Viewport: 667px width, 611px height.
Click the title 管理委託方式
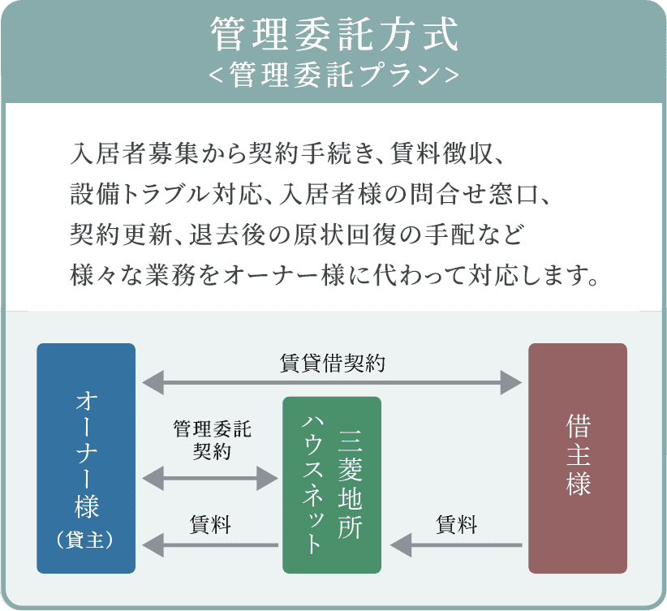(x=333, y=35)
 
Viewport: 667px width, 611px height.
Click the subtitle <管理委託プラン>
(x=333, y=75)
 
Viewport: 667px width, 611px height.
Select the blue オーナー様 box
(x=86, y=458)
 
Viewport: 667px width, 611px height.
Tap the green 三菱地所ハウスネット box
(x=331, y=485)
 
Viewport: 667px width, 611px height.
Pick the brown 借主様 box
(x=578, y=458)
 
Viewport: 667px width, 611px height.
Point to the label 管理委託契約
(x=213, y=439)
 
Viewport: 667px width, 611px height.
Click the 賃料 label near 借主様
(x=457, y=524)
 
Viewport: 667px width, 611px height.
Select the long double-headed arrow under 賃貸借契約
(x=331, y=381)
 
